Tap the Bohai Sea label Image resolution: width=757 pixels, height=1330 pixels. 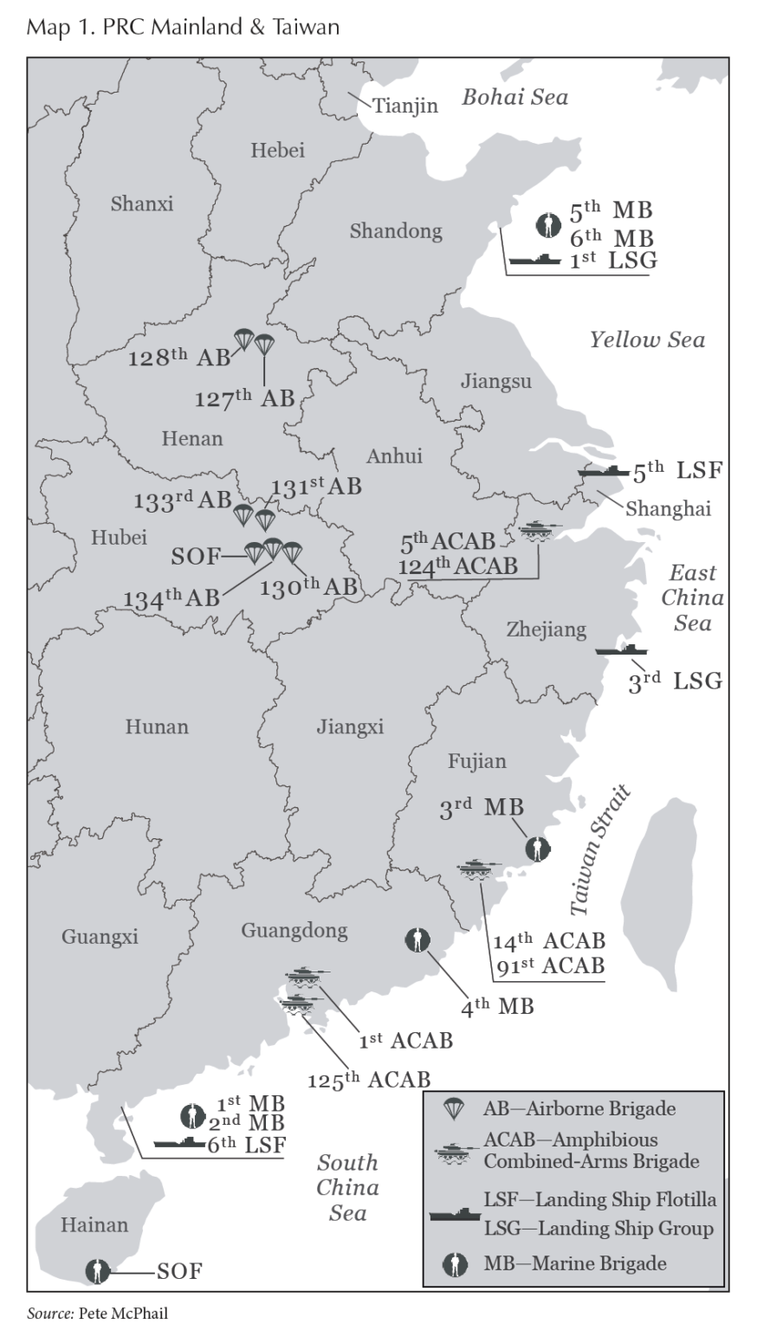tap(514, 96)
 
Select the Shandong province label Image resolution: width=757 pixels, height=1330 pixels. tap(396, 231)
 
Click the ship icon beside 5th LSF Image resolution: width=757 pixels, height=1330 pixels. tap(604, 472)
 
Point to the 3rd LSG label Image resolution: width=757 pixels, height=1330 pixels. tap(675, 681)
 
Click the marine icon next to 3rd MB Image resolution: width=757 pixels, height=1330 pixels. tap(538, 849)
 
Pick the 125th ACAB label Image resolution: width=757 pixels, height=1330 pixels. tap(369, 1080)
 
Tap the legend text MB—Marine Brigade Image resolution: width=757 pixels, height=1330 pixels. tap(575, 1263)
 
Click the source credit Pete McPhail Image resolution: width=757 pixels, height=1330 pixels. tap(123, 1314)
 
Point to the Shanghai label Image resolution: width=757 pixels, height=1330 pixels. tap(668, 508)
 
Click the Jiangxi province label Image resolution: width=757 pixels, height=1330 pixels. tap(349, 726)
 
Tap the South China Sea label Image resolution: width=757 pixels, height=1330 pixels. tap(347, 1187)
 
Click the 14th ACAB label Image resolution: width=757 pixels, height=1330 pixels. tap(548, 941)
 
